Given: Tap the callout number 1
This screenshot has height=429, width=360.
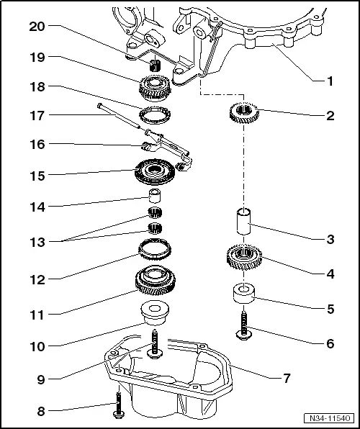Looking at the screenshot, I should pyautogui.click(x=329, y=81).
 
